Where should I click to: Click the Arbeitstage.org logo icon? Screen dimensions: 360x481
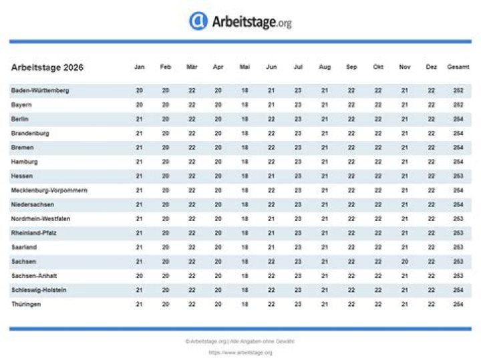(x=198, y=21)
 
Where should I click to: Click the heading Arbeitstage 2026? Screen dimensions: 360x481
(x=47, y=67)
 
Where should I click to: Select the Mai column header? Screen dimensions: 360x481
(x=245, y=67)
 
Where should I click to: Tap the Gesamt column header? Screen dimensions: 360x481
(x=458, y=67)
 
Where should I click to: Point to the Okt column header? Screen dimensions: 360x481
(x=378, y=67)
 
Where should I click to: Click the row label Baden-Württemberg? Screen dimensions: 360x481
(x=40, y=91)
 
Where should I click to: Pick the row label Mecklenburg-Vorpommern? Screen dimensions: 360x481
(x=49, y=190)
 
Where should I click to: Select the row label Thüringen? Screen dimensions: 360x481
(x=26, y=305)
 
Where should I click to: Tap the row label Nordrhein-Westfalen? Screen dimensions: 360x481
(x=41, y=219)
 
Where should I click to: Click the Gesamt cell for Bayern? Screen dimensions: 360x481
(x=458, y=105)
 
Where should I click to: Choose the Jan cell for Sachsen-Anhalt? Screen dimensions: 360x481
(x=139, y=276)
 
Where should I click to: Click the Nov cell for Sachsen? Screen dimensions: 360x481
(x=405, y=262)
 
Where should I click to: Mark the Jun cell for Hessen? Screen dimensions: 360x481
(x=271, y=176)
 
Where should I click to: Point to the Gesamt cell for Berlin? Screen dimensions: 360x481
(x=458, y=119)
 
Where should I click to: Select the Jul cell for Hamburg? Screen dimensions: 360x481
(x=298, y=162)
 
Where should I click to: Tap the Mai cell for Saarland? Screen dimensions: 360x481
(x=245, y=247)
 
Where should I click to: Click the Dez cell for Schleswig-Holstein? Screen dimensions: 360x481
(x=432, y=290)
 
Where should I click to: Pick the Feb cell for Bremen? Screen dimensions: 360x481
(x=166, y=148)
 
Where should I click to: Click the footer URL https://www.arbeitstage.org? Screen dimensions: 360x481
(x=240, y=352)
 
